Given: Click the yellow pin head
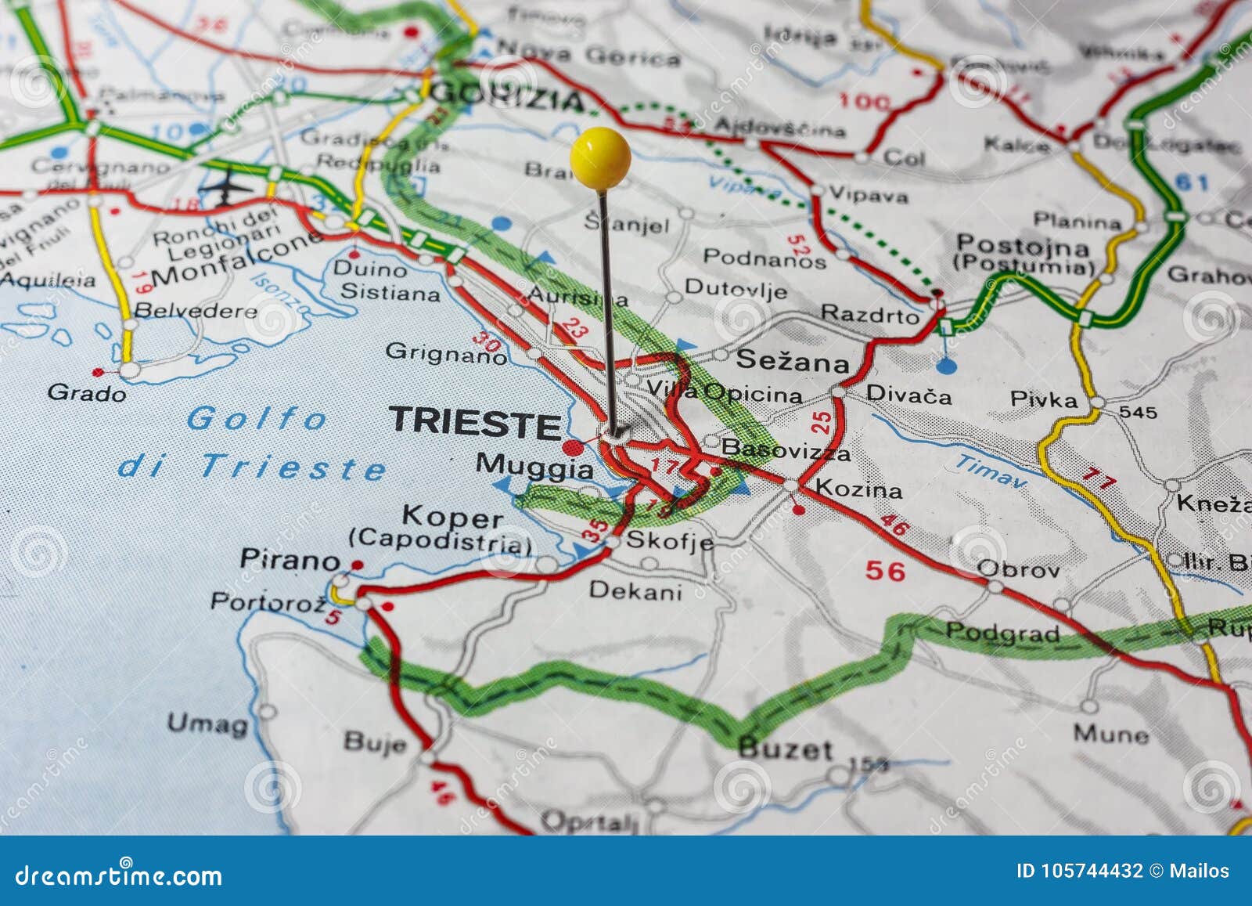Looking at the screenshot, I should [x=600, y=157].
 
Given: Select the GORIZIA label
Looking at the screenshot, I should [x=507, y=97].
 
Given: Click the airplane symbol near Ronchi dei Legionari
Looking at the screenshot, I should [x=227, y=186].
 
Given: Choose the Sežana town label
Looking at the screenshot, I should [x=792, y=361].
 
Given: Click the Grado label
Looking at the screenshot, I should [x=87, y=392].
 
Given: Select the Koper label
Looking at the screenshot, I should [x=452, y=518].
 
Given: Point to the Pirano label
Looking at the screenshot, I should [x=290, y=559].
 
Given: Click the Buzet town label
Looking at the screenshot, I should [x=785, y=749].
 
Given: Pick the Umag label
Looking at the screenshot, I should [x=207, y=723].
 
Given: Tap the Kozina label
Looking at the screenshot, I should [x=858, y=489].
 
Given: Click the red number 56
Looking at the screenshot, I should [x=885, y=571].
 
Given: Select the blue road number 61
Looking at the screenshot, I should [x=1193, y=183].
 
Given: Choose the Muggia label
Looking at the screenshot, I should [x=535, y=467].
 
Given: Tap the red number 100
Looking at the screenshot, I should [x=864, y=101].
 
